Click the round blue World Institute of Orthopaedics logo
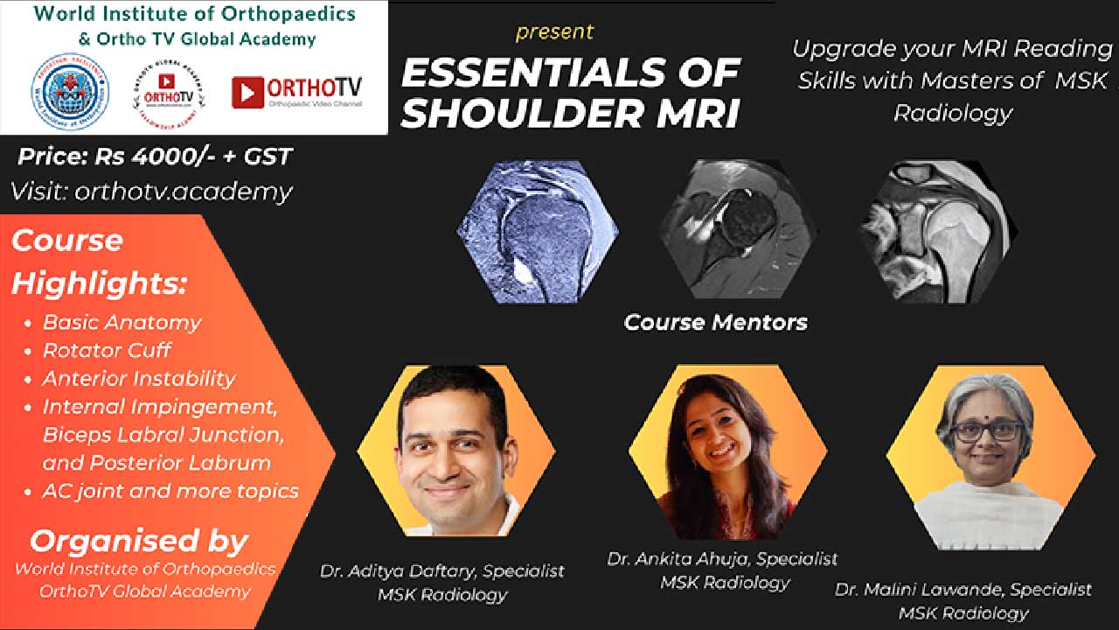[70, 91]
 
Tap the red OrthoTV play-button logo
[247, 92]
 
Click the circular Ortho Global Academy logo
[170, 91]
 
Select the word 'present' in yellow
[554, 32]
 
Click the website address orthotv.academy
[194, 192]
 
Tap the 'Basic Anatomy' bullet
[122, 322]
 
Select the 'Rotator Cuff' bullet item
[107, 350]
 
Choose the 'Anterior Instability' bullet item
[139, 378]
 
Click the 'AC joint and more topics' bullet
[170, 491]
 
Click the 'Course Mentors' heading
[715, 322]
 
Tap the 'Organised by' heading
[139, 540]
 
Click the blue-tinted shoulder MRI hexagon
[538, 231]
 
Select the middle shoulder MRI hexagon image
[738, 231]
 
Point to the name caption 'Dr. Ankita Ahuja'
[680, 558]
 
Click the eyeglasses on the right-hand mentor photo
[988, 431]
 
